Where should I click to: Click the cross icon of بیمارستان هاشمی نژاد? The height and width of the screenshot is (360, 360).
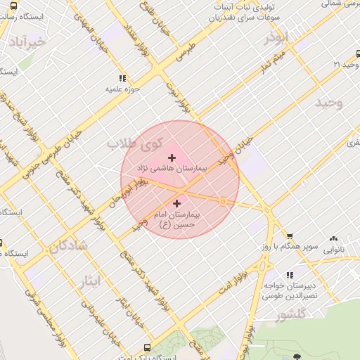tap(172, 157)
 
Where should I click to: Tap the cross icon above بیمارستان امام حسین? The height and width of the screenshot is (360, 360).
tap(176, 203)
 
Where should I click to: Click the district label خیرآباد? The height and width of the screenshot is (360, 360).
tap(27, 42)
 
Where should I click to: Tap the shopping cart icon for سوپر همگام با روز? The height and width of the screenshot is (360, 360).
tap(290, 236)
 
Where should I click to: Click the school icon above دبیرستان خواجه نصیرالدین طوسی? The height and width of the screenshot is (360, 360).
tap(290, 275)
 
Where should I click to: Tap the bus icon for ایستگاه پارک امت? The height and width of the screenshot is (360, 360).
tap(146, 347)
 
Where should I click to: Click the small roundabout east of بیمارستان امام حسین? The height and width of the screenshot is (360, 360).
tap(222, 202)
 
